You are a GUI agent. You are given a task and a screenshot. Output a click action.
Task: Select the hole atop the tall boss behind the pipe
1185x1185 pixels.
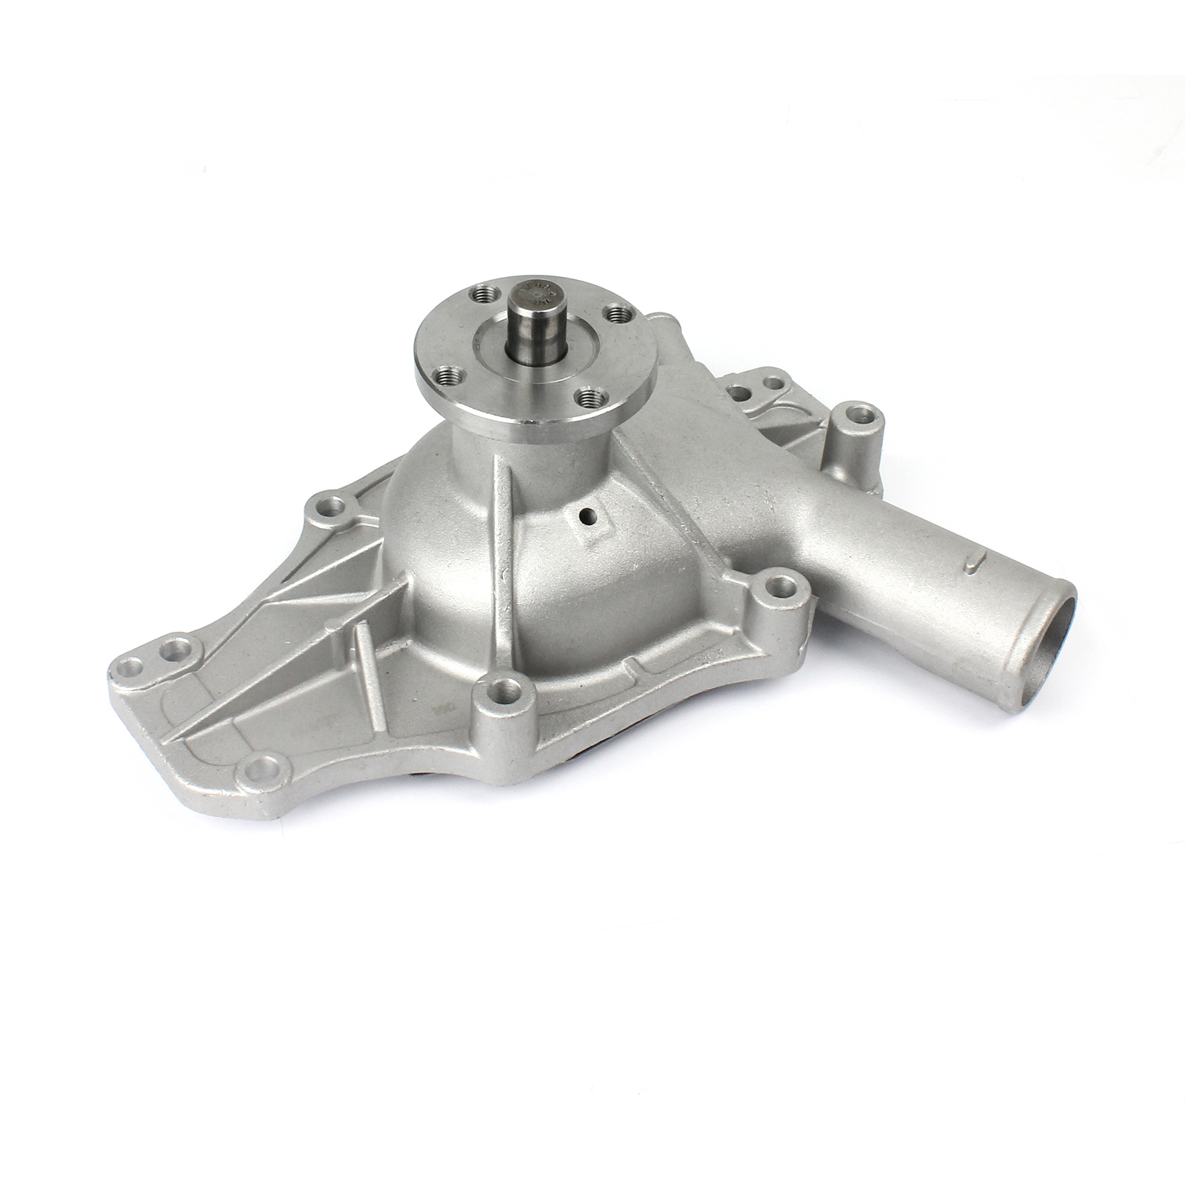coord(858,413)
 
